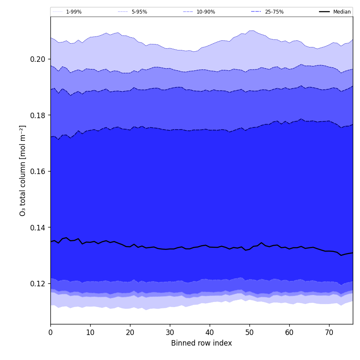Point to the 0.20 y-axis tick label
(x=38, y=59)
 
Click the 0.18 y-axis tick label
(x=38, y=115)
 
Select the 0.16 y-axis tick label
(x=38, y=172)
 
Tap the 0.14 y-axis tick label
(x=38, y=227)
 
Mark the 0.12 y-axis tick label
(x=38, y=284)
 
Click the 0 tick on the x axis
(x=50, y=332)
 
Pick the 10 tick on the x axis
(x=90, y=332)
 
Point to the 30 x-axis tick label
(x=170, y=332)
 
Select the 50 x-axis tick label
(x=249, y=332)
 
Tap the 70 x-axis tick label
(x=329, y=332)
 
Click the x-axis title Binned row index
(x=202, y=343)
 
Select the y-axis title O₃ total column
(x=23, y=170)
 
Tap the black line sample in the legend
(x=325, y=12)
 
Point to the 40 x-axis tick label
(x=210, y=332)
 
